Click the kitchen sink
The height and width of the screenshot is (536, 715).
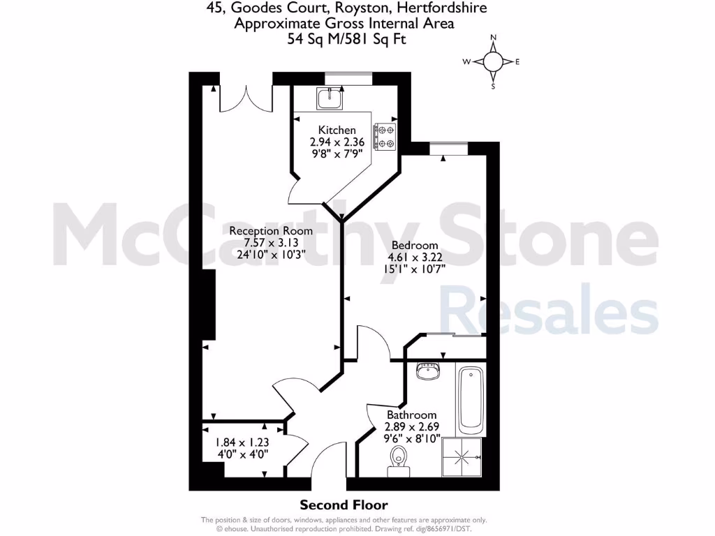[328, 98]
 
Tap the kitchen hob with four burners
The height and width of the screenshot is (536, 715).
[385, 137]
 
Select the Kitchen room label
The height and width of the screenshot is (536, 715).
[337, 131]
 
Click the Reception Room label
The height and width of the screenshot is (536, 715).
[271, 231]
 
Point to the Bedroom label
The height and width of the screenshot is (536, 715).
[415, 245]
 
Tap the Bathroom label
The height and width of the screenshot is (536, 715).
[411, 415]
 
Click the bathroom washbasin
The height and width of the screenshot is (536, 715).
[427, 370]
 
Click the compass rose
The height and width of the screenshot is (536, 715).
[493, 62]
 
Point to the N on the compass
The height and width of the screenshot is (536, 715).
[493, 38]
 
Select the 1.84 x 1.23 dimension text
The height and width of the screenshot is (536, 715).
[241, 442]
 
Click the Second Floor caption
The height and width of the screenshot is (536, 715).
[344, 505]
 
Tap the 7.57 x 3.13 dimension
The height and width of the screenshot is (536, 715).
[271, 243]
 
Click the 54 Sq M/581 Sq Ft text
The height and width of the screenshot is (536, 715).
[346, 39]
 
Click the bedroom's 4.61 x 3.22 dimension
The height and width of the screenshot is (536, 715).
[415, 257]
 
